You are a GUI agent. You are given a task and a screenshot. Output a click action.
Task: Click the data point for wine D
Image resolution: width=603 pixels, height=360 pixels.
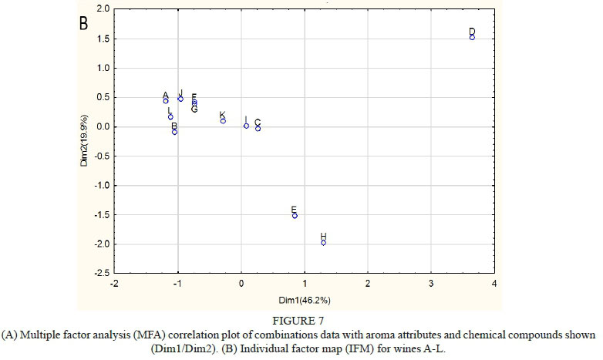(x=472, y=37)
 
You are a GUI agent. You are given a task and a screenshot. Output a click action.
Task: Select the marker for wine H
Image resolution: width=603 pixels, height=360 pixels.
(x=324, y=243)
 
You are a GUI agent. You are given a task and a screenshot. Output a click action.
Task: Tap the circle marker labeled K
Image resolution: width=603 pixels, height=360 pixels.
(x=223, y=120)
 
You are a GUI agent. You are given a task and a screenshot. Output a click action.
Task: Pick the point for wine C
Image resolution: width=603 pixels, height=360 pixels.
(x=258, y=128)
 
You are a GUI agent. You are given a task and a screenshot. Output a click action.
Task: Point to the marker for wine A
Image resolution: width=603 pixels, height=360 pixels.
(x=166, y=100)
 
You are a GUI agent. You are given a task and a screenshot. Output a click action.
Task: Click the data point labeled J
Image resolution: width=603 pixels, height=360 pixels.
(x=180, y=99)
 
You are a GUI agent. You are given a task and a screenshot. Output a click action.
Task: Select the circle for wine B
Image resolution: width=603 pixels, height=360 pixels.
(x=175, y=132)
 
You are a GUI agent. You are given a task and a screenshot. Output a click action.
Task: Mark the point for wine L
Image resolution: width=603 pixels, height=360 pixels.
(x=170, y=117)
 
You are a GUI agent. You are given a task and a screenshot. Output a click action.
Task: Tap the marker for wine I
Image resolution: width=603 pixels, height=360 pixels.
(x=246, y=126)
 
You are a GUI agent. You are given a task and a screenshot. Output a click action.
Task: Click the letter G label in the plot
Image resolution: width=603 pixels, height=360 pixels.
(x=194, y=109)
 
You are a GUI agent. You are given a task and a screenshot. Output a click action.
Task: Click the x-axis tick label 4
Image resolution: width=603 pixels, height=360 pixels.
(x=494, y=284)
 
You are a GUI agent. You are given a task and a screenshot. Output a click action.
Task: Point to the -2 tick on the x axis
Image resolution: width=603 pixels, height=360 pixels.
(x=114, y=284)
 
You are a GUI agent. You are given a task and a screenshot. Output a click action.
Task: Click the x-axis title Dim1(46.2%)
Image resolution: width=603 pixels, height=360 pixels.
(x=305, y=299)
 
